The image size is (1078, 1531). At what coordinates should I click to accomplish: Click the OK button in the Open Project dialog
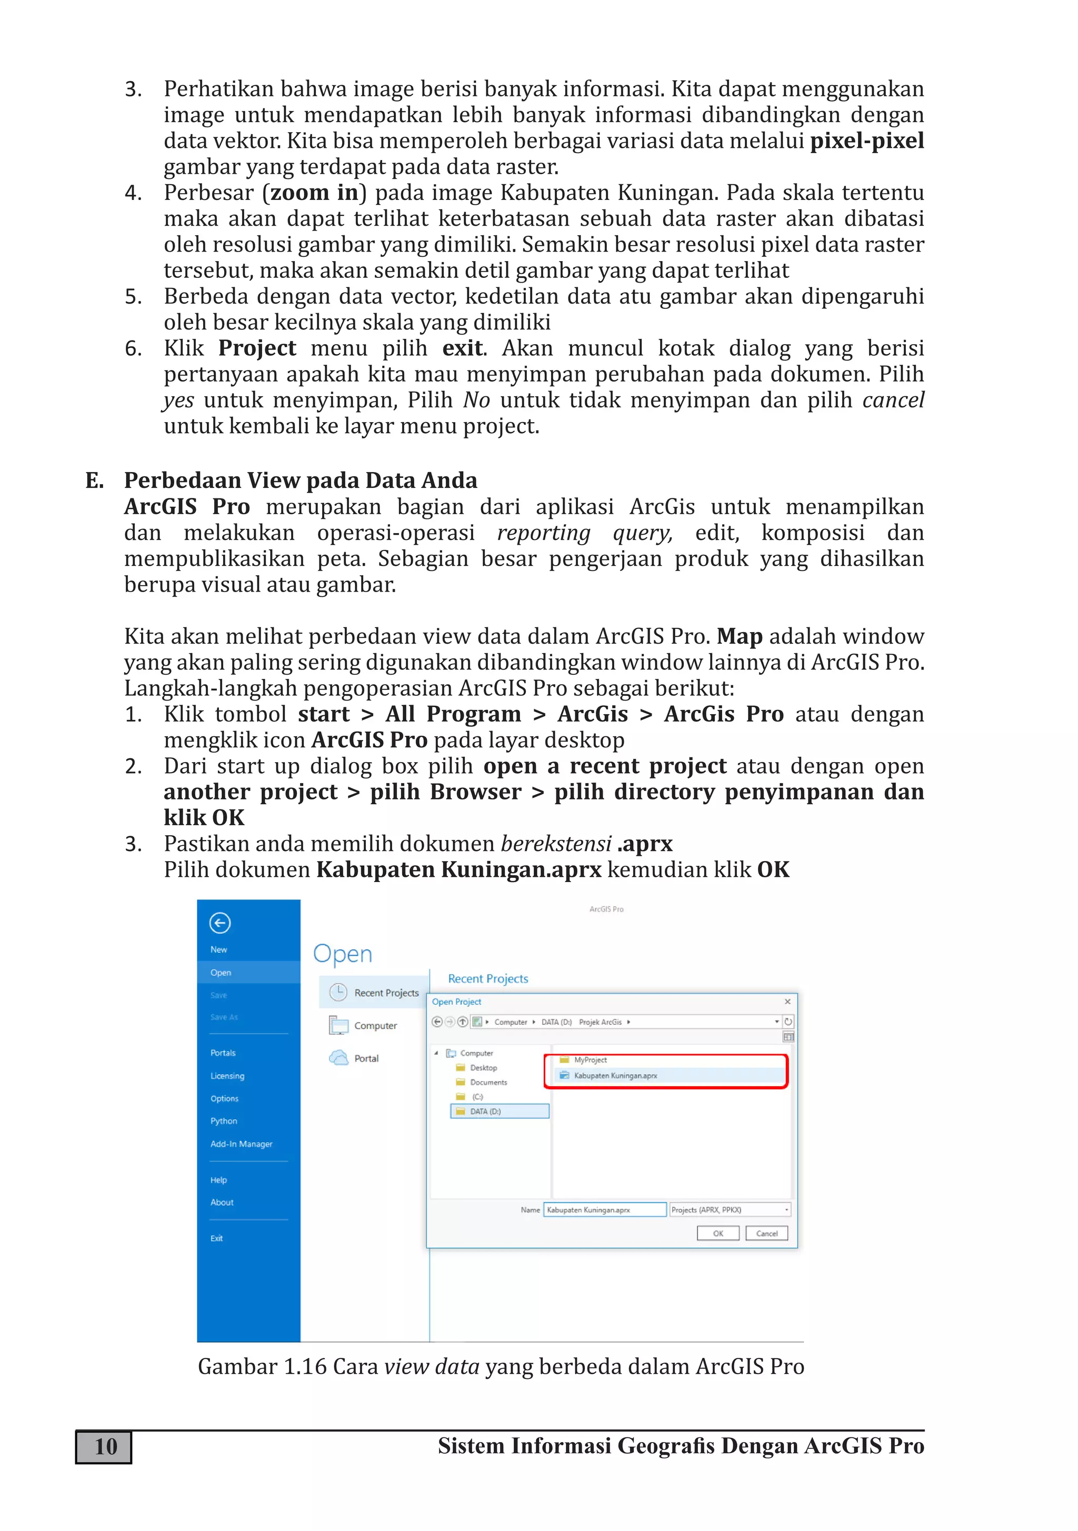coord(718,1233)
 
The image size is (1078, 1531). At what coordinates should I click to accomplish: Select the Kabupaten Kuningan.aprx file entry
coord(615,1075)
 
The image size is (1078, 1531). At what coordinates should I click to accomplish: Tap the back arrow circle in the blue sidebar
coord(219,923)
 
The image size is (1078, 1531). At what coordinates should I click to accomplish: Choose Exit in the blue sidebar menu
coord(217,1238)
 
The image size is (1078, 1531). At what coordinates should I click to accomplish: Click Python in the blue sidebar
coord(224,1121)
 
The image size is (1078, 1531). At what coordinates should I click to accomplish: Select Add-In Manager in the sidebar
coord(241,1144)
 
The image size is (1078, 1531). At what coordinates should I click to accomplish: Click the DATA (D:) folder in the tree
coord(485,1111)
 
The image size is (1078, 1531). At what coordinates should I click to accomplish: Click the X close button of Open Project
coord(787,1002)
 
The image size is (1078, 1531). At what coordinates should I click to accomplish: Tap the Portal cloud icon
coord(339,1057)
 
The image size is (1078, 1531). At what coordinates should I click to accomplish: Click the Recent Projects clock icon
coord(339,992)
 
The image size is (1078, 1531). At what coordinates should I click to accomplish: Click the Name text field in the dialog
coord(604,1209)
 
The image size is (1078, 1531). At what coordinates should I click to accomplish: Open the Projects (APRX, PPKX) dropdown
coord(730,1209)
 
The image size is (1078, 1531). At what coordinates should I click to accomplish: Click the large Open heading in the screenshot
coord(342,954)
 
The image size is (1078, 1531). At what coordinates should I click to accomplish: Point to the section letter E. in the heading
coord(94,480)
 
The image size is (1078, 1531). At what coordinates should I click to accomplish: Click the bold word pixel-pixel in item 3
coord(866,141)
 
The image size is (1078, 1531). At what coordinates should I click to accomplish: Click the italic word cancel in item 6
coord(893,400)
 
